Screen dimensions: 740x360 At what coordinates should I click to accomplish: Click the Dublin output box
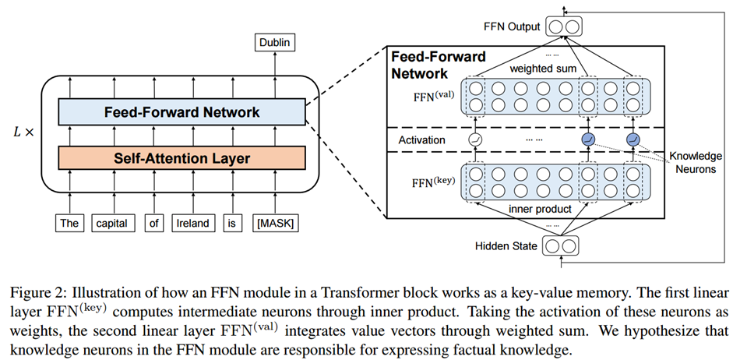pyautogui.click(x=275, y=43)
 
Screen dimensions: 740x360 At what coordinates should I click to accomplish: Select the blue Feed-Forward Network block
pyautogui.click(x=181, y=112)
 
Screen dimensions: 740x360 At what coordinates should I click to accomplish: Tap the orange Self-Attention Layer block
pyautogui.click(x=181, y=157)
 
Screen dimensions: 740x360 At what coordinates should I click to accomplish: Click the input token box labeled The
pyautogui.click(x=69, y=223)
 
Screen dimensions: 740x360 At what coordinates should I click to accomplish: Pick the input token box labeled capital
pyautogui.click(x=112, y=223)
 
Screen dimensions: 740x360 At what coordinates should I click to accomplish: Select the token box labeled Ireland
pyautogui.click(x=193, y=223)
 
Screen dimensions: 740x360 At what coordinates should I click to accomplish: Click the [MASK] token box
pyautogui.click(x=276, y=223)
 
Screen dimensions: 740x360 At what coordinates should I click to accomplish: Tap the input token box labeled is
pyautogui.click(x=231, y=223)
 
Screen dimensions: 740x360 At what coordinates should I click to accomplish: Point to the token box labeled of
pyautogui.click(x=154, y=223)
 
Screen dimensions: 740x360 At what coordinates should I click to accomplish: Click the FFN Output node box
pyautogui.click(x=564, y=26)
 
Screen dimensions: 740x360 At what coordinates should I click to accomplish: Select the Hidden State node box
pyautogui.click(x=561, y=245)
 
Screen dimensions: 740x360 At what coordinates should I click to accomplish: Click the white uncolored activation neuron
pyautogui.click(x=475, y=139)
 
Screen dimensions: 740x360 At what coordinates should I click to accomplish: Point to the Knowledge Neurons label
pyautogui.click(x=696, y=162)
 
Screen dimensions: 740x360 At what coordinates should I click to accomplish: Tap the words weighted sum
pyautogui.click(x=543, y=69)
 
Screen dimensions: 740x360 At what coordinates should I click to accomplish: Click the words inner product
pyautogui.click(x=541, y=209)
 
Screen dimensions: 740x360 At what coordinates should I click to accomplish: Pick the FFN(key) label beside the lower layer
pyautogui.click(x=433, y=182)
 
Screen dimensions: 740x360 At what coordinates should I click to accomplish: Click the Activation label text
pyautogui.click(x=421, y=140)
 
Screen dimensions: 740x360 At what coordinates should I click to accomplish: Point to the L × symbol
pyautogui.click(x=23, y=132)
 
